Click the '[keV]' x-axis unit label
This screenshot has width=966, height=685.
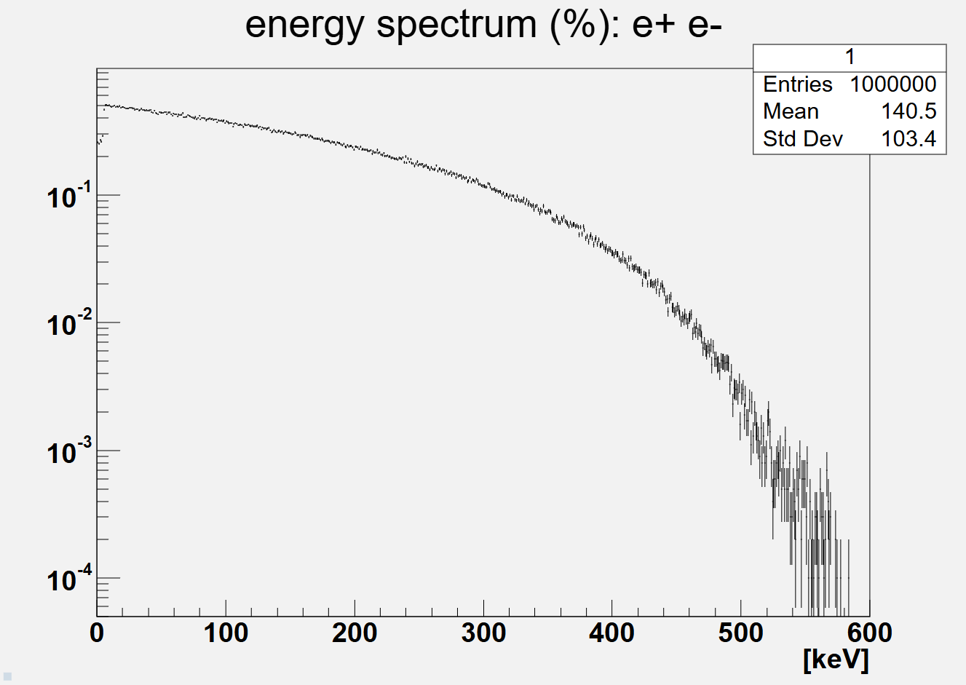(x=836, y=660)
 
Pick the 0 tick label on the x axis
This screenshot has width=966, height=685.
(x=97, y=633)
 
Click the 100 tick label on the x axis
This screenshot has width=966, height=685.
(x=226, y=633)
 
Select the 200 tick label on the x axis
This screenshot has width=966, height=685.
(x=355, y=633)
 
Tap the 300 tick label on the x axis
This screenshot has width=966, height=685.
(x=483, y=633)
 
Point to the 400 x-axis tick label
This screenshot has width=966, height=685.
(x=611, y=633)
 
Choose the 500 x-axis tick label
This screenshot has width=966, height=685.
(x=740, y=633)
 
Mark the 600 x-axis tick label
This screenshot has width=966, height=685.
(x=869, y=633)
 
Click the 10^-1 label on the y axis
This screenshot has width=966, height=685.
(x=69, y=197)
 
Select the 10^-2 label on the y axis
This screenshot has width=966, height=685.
(x=69, y=325)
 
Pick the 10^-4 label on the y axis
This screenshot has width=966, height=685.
(x=69, y=580)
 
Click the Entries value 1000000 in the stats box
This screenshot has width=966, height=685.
(x=892, y=84)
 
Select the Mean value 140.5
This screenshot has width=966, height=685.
(x=908, y=111)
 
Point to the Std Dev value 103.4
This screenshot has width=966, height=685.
(x=908, y=138)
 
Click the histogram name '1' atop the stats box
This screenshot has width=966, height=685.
(x=850, y=57)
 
